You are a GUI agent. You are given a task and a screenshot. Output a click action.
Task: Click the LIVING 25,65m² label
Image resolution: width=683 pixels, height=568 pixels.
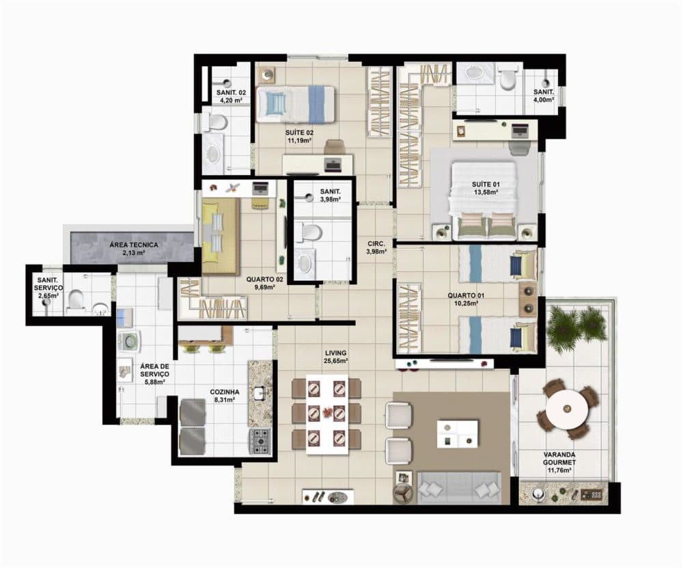[335, 357]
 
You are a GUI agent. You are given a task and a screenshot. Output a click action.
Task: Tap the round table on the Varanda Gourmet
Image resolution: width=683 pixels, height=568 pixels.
[567, 409]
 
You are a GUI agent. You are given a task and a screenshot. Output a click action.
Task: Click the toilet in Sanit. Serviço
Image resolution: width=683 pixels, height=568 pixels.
[76, 299]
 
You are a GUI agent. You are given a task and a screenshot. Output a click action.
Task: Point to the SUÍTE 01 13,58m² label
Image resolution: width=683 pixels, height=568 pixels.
[485, 188]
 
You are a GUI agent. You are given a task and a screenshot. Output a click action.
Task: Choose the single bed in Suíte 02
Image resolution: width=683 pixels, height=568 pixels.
[295, 104]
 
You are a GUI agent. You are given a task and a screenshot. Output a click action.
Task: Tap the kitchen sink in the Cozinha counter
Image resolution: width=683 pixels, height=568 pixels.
[260, 392]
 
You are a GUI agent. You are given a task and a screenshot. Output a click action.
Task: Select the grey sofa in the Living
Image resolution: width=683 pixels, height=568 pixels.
[459, 487]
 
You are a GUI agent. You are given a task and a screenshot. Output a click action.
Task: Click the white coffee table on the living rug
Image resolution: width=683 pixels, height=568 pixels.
[458, 434]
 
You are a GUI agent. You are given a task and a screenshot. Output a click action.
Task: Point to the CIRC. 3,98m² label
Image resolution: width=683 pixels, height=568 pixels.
[376, 247]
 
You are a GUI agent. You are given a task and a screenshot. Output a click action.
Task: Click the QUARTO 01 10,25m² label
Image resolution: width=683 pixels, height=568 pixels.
[466, 299]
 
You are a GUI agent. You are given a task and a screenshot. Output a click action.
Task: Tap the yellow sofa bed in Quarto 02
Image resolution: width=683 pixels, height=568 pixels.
[220, 235]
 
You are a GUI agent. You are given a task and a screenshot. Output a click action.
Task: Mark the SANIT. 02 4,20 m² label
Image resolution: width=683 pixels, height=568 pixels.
[231, 96]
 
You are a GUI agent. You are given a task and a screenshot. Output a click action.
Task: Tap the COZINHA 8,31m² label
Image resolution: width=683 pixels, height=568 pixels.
[224, 395]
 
